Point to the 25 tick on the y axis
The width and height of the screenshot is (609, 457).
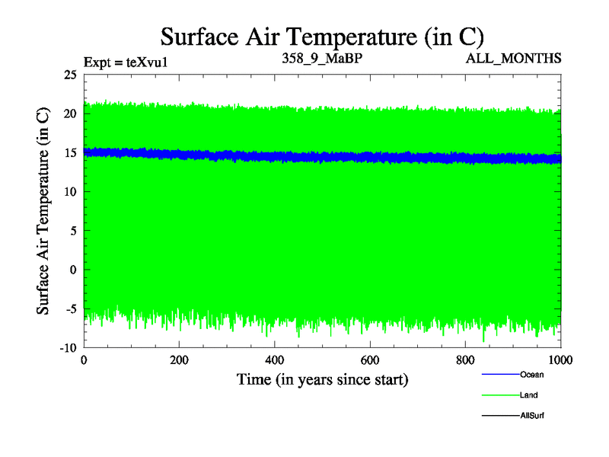click(x=70, y=75)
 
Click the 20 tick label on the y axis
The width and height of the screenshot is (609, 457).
click(x=70, y=113)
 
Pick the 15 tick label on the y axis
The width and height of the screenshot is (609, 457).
click(x=70, y=152)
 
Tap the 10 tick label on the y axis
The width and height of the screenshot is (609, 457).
click(x=70, y=192)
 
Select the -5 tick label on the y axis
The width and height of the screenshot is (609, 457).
click(x=69, y=308)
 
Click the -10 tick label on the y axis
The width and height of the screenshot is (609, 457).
click(x=67, y=347)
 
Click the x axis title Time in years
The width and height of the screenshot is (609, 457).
click(x=322, y=379)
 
